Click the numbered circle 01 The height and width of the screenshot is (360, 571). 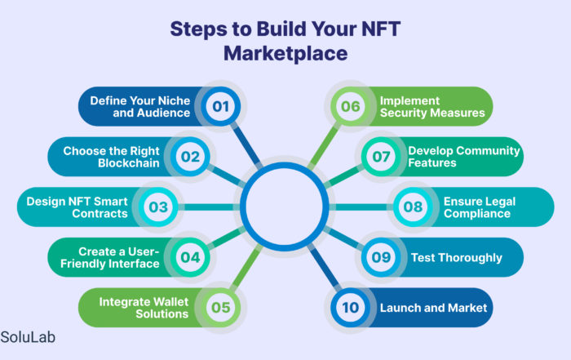[221, 106]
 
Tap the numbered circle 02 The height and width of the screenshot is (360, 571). [190, 157]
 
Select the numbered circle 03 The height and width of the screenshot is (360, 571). [158, 207]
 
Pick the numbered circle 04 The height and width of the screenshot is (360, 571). [190, 257]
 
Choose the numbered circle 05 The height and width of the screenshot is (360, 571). [221, 308]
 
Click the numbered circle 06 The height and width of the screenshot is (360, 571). [350, 106]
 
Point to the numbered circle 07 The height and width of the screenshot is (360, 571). [381, 157]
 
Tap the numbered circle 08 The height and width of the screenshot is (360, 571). [413, 207]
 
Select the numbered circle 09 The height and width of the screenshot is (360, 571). [381, 257]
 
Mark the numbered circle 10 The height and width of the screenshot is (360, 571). [350, 308]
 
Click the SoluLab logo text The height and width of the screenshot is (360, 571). [28, 337]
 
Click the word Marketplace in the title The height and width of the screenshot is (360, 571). [285, 54]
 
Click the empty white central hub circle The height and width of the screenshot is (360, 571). [284, 207]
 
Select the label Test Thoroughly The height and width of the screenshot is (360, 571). [457, 258]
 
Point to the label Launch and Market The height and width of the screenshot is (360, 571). [433, 308]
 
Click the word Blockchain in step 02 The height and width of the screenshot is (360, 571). [129, 163]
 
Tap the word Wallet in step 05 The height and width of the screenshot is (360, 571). [170, 302]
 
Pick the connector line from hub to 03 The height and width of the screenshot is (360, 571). [209, 207]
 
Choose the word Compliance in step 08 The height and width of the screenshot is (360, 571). [477, 214]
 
